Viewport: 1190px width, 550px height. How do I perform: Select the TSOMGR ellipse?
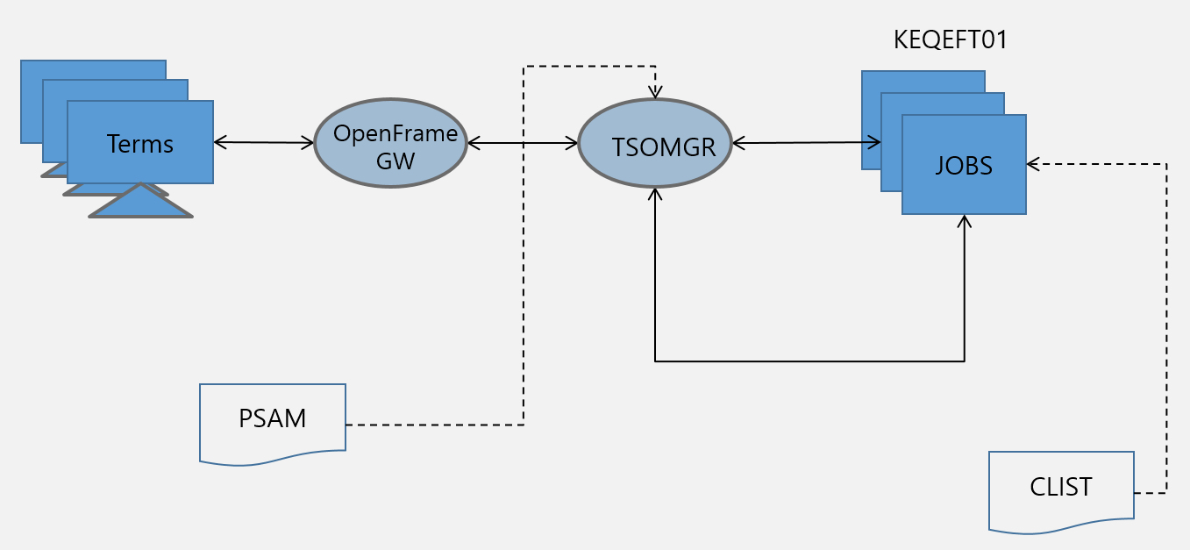coord(655,143)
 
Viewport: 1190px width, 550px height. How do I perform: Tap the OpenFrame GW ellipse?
coord(390,143)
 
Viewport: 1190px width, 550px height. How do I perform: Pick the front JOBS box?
coord(964,165)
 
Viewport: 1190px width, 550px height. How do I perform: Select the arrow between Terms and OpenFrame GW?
coord(264,141)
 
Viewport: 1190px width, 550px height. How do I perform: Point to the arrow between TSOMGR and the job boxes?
coord(807,141)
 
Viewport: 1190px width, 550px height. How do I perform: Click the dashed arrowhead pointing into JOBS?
coord(1033,163)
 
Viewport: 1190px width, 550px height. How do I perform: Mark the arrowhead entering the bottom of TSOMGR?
coord(655,193)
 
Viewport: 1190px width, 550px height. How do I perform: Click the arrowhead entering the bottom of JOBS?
coord(965,220)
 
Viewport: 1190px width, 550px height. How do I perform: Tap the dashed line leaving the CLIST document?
coord(1166,351)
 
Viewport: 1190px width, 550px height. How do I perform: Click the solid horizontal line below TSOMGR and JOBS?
coord(807,361)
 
